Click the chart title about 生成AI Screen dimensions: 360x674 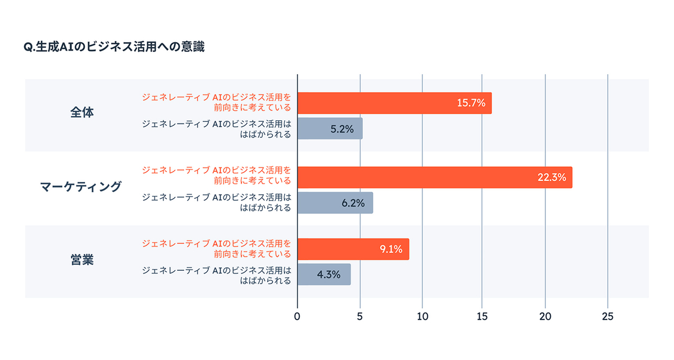tap(114, 48)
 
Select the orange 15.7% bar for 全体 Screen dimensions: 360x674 tap(394, 103)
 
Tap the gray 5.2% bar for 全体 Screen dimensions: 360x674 tap(330, 129)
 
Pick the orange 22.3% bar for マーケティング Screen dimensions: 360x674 tap(434, 177)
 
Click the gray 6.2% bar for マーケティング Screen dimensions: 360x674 tap(335, 203)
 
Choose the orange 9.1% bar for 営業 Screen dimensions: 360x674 tap(353, 249)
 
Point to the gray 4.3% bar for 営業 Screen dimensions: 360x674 tap(324, 275)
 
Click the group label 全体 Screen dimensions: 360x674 tap(82, 112)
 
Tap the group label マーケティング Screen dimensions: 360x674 tap(81, 186)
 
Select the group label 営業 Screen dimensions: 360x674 tap(82, 260)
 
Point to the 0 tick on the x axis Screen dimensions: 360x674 tap(297, 317)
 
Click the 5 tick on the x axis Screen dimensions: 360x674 tap(359, 317)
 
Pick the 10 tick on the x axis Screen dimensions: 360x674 tap(422, 317)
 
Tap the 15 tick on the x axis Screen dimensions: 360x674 tap(483, 317)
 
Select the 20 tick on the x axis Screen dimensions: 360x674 tap(545, 317)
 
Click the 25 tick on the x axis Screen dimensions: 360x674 tap(607, 317)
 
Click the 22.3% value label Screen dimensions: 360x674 tap(552, 177)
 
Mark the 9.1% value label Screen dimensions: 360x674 tap(390, 249)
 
